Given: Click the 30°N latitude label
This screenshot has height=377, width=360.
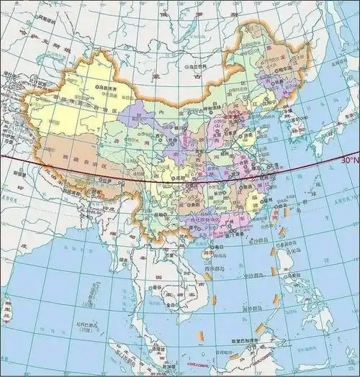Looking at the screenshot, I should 348,160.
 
